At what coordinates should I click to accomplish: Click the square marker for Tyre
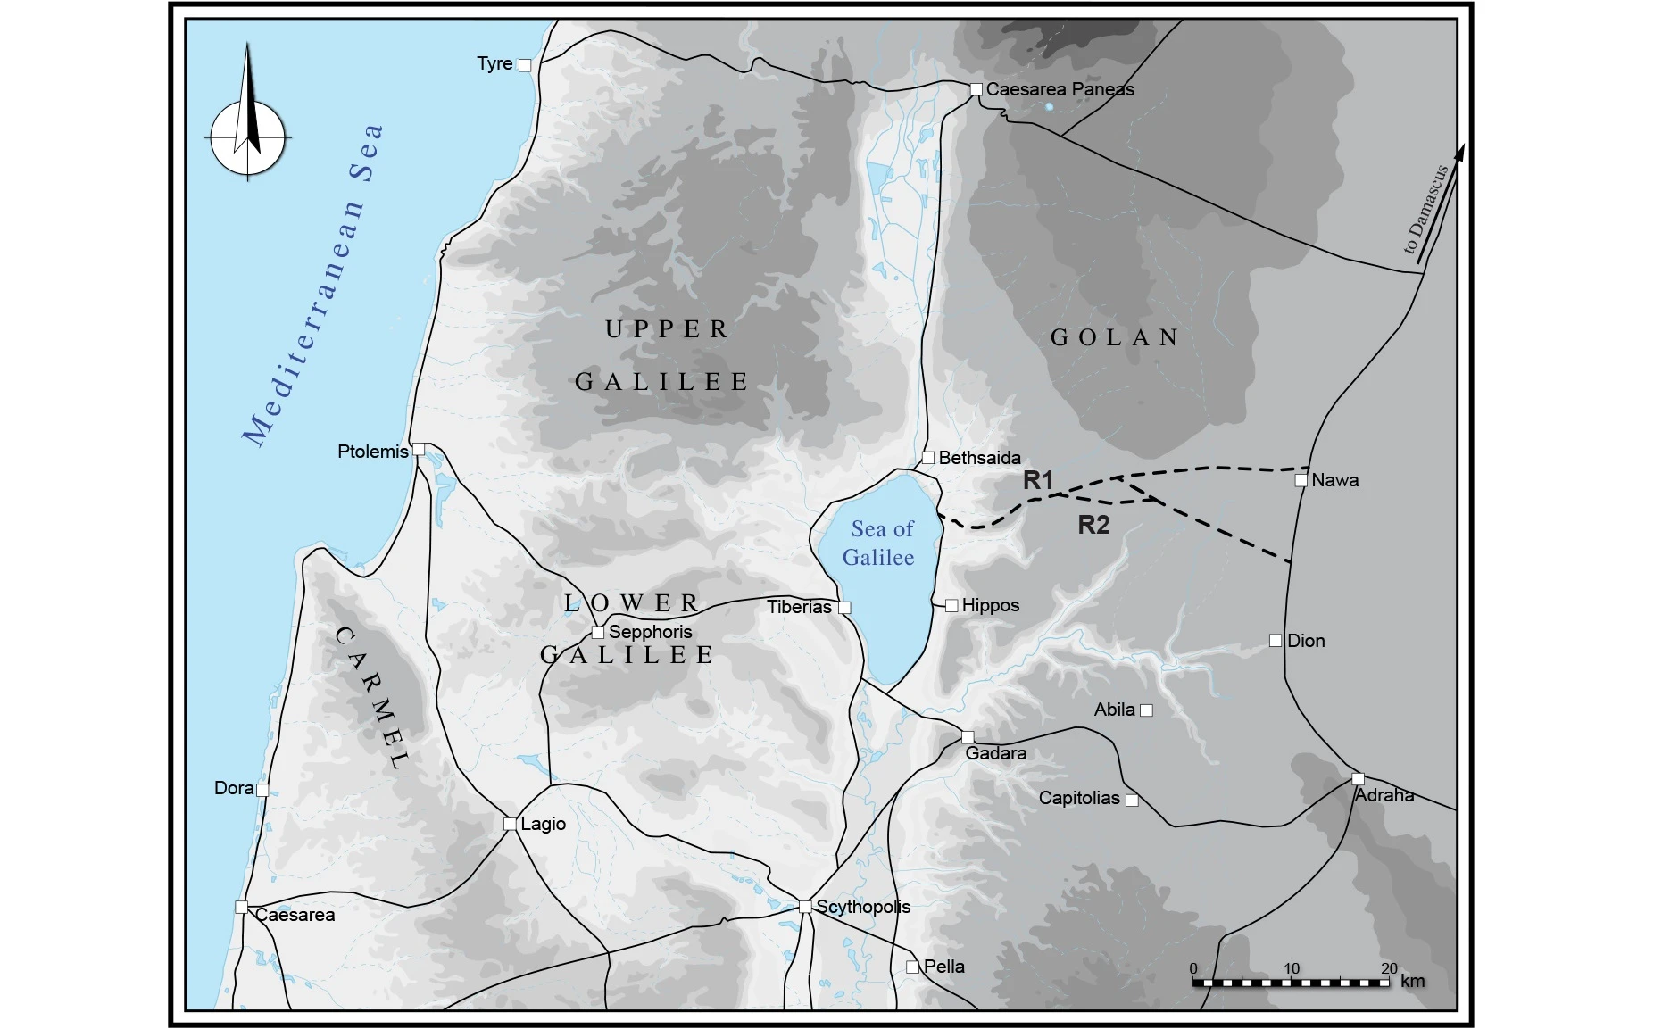525,65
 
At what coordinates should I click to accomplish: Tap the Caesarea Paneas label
1060,89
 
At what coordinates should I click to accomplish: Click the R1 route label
1038,480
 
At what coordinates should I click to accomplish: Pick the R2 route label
1093,525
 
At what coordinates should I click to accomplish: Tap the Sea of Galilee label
880,543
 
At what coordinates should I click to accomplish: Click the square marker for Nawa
1301,480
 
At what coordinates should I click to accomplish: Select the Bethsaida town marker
928,458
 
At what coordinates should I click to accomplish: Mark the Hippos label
990,605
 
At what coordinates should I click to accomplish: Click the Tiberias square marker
844,608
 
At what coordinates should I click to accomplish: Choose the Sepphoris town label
650,632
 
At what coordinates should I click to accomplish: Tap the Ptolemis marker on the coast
418,449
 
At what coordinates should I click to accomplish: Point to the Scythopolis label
863,907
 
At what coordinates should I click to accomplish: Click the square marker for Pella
912,967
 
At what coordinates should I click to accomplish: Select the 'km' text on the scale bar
1412,981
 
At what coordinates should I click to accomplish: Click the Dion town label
1306,641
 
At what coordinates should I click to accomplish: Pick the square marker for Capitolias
1132,800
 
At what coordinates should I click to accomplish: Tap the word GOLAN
1115,337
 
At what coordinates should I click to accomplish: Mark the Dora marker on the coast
262,790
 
